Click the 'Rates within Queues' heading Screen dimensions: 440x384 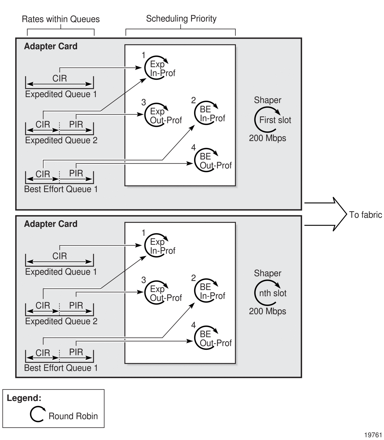click(61, 19)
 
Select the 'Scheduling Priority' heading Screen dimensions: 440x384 click(181, 19)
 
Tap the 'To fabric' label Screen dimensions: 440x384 click(365, 215)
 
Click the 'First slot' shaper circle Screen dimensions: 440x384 click(267, 120)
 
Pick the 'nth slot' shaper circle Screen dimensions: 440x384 click(267, 293)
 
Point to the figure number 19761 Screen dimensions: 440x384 click(373, 435)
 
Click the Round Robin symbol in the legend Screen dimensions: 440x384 click(37, 414)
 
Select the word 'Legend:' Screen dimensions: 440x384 click(24, 398)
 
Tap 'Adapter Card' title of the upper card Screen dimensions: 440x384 click(51, 46)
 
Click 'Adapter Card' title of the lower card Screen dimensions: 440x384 click(51, 224)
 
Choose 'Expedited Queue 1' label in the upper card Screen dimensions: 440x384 click(61, 94)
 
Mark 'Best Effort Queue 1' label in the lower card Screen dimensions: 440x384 click(61, 368)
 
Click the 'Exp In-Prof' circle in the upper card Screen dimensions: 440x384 click(157, 68)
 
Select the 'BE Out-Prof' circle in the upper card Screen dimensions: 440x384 click(206, 160)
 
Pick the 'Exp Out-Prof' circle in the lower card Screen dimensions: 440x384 click(157, 293)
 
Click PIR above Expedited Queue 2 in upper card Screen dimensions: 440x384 click(76, 125)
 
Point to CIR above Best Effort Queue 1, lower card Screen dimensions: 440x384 click(43, 353)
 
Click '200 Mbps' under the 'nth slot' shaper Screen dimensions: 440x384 click(267, 311)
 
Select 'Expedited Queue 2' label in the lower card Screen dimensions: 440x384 click(61, 321)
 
